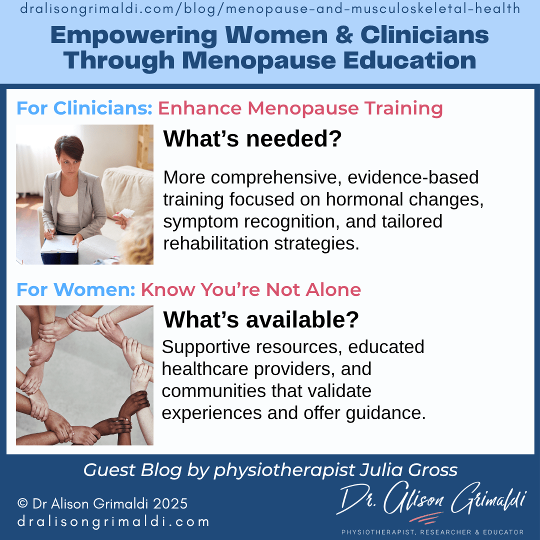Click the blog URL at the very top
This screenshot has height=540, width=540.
[270, 9]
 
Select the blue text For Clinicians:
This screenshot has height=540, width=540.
[84, 108]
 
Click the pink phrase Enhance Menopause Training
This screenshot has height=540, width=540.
[300, 108]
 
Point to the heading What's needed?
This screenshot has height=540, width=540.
[252, 139]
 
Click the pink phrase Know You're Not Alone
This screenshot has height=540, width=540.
[251, 289]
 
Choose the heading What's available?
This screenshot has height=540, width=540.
[261, 320]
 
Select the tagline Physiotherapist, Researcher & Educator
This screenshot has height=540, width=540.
[432, 532]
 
